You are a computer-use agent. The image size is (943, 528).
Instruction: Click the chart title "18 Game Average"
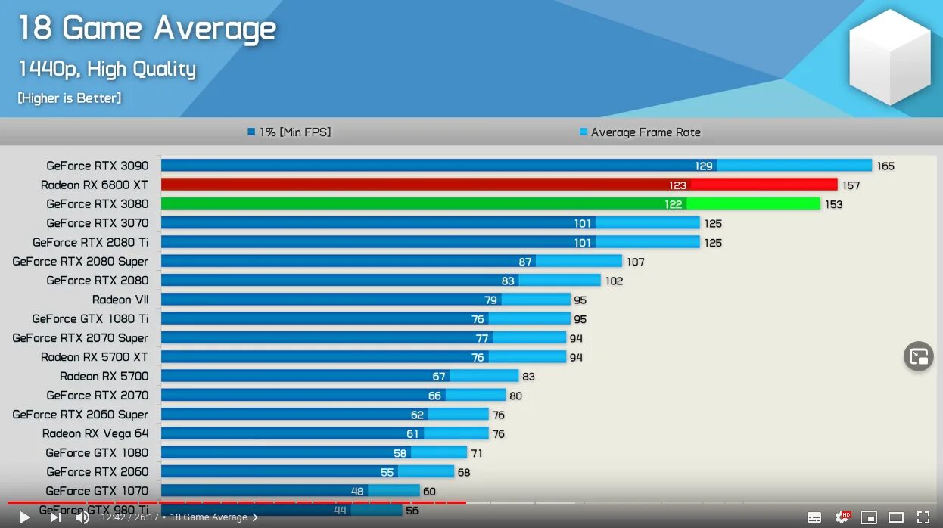147,29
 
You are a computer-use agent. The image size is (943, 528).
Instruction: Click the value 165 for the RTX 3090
885,166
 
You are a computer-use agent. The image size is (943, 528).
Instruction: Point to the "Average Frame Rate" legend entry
645,132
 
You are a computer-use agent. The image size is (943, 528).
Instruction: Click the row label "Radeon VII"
120,300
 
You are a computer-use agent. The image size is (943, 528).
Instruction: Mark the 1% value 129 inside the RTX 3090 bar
704,166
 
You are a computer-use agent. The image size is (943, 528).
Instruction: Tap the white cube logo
889,57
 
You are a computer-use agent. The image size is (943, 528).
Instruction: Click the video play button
24,517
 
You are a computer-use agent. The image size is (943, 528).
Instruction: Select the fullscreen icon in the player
923,517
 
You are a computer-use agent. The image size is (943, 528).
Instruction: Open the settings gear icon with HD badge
842,517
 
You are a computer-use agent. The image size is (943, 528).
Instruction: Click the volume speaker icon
82,517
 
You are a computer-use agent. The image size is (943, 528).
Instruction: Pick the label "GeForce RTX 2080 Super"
80,262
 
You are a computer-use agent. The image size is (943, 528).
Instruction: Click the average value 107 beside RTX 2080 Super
635,262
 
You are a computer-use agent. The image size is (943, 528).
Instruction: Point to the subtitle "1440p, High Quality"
107,70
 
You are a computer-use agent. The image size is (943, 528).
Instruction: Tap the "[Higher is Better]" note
69,98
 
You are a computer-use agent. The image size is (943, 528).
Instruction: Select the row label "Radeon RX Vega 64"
95,433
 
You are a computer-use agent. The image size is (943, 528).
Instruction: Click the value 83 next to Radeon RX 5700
528,377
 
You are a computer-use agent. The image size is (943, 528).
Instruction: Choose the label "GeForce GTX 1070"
97,491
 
